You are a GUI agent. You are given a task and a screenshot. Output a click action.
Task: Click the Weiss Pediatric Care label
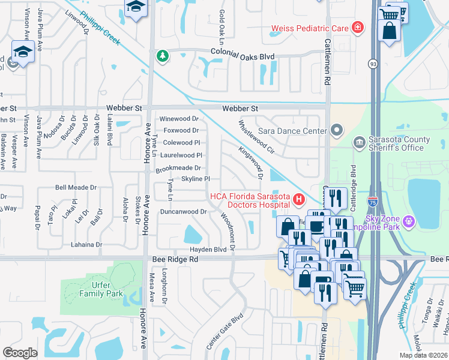[x=310, y=28]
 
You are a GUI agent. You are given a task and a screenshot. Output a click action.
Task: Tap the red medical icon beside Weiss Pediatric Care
[x=358, y=27]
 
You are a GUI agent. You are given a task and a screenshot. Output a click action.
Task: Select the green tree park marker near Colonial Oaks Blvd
[x=162, y=56]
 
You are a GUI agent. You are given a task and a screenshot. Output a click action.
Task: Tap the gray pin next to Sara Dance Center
[x=337, y=130]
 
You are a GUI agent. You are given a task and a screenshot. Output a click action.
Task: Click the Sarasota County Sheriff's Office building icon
[x=359, y=142]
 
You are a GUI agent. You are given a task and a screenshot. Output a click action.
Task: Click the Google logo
[x=20, y=353]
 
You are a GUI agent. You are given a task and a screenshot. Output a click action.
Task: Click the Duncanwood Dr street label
[x=183, y=211]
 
